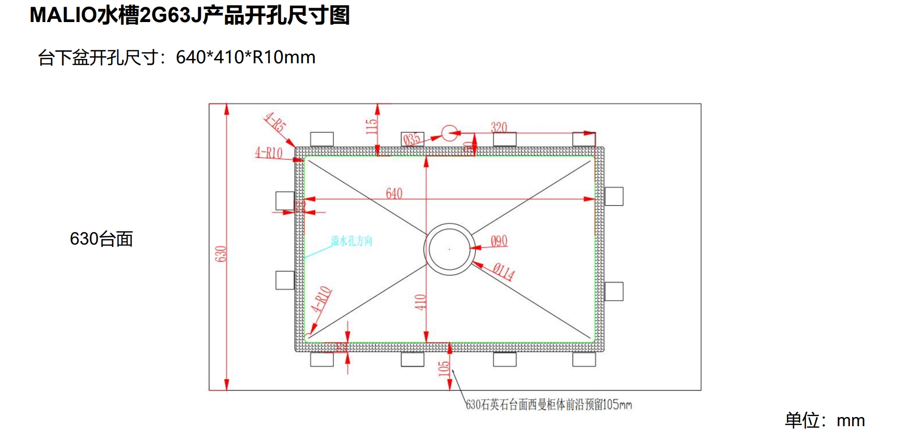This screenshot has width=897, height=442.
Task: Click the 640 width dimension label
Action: click(394, 193)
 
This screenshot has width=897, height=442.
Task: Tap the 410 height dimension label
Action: click(420, 302)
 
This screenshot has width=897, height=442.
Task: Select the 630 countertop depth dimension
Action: click(220, 254)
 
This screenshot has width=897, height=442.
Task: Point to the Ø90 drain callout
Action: click(499, 241)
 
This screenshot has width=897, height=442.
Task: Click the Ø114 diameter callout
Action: click(504, 272)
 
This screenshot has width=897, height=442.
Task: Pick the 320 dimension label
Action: click(499, 127)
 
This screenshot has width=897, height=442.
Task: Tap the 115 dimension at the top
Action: click(371, 126)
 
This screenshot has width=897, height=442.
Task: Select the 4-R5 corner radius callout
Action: click(275, 122)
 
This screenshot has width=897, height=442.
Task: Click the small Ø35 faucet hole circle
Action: click(449, 133)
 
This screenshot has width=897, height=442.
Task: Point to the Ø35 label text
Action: click(412, 139)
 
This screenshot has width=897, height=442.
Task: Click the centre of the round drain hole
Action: click(449, 249)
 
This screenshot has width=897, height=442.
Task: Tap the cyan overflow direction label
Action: click(351, 241)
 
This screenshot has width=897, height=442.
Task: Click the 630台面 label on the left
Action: click(101, 239)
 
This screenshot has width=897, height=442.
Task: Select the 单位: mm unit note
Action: click(825, 420)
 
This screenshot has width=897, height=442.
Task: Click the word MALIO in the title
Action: click(63, 15)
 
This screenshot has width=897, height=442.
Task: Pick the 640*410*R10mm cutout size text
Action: click(245, 58)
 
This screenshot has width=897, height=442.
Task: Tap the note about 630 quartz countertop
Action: click(549, 405)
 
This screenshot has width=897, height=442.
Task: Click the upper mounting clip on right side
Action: click(614, 197)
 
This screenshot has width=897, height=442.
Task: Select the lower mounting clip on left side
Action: click(285, 280)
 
